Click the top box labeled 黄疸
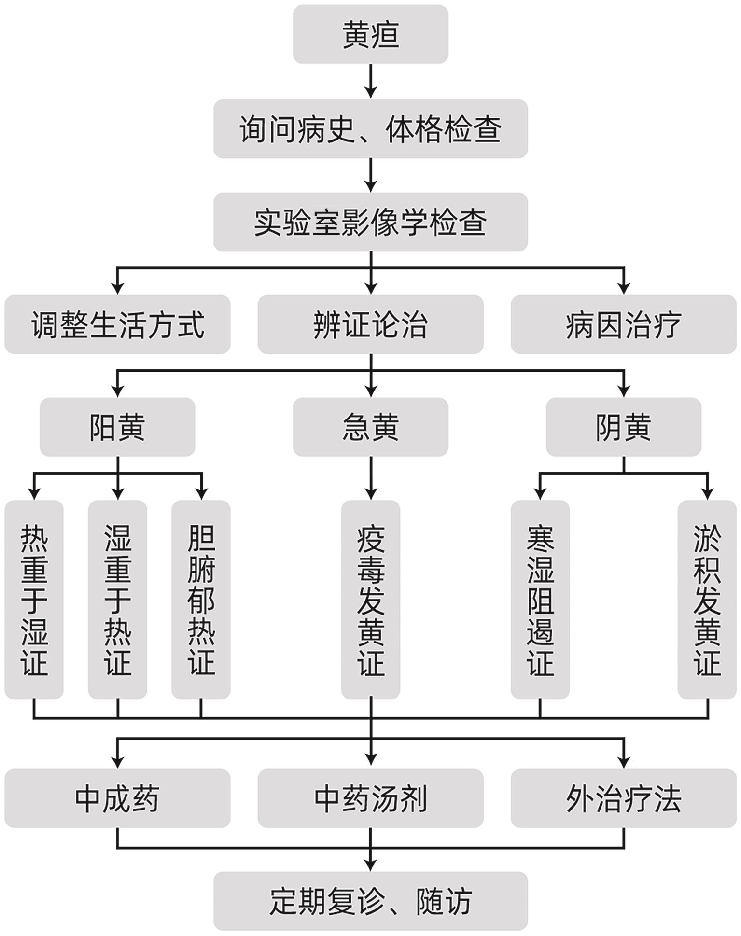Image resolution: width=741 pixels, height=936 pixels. (370, 34)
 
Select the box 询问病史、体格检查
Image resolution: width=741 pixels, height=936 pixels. (370, 129)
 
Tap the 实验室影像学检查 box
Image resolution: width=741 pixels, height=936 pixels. (370, 222)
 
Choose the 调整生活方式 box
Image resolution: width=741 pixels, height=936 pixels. (117, 324)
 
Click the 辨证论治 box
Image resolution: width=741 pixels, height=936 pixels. (370, 324)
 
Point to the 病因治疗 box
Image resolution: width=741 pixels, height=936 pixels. (623, 324)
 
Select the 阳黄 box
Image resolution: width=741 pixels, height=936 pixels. (117, 427)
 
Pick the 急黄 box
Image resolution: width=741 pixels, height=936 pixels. (370, 427)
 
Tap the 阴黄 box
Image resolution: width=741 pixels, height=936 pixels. (623, 427)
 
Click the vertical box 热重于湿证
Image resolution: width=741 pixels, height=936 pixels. (34, 600)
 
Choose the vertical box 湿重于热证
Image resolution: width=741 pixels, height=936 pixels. (117, 600)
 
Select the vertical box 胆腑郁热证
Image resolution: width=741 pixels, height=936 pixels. (201, 600)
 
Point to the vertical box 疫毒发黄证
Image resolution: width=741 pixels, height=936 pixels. (370, 600)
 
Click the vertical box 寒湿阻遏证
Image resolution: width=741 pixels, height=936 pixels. (540, 600)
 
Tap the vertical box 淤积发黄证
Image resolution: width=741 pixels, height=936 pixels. (707, 600)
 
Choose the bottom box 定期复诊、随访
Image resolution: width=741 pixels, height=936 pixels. (370, 901)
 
